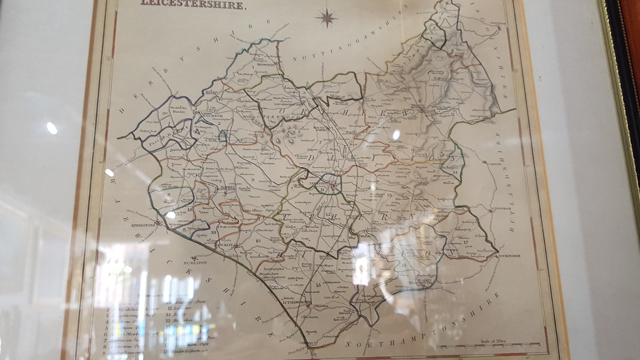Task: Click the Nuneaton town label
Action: click(x=195, y=263)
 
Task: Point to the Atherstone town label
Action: click(x=143, y=225)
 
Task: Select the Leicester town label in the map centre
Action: click(x=319, y=184)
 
